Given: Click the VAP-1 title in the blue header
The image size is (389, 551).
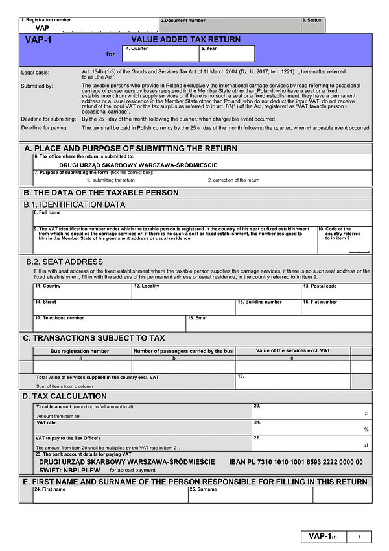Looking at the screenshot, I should pyautogui.click(x=38, y=40).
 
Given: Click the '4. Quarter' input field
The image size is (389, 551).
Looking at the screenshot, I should pyautogui.click(x=160, y=56).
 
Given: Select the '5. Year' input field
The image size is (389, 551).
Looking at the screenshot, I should pyautogui.click(x=226, y=56).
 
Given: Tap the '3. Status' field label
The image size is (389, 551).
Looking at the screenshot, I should pyautogui.click(x=312, y=21).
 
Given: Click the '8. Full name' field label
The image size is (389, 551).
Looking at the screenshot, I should pyautogui.click(x=47, y=213).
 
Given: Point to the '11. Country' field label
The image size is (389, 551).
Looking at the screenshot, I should pyautogui.click(x=47, y=286).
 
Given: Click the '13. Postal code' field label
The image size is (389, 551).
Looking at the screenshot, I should pyautogui.click(x=320, y=286).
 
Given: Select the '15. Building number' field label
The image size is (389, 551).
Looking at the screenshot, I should pyautogui.click(x=259, y=302).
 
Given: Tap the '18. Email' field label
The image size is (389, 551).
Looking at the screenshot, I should pyautogui.click(x=197, y=318).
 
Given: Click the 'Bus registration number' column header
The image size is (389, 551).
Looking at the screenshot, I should pyautogui.click(x=80, y=351).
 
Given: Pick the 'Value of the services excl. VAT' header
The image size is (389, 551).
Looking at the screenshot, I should pyautogui.click(x=292, y=350).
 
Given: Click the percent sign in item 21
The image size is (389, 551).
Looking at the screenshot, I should pyautogui.click(x=366, y=429).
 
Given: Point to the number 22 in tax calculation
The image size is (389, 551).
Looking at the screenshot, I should pyautogui.click(x=257, y=438).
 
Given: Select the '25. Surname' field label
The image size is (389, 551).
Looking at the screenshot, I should pyautogui.click(x=203, y=489).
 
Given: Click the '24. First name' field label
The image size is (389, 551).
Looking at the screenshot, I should pyautogui.click(x=49, y=489).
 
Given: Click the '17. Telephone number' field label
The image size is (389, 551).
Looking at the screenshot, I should pyautogui.click(x=59, y=318).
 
